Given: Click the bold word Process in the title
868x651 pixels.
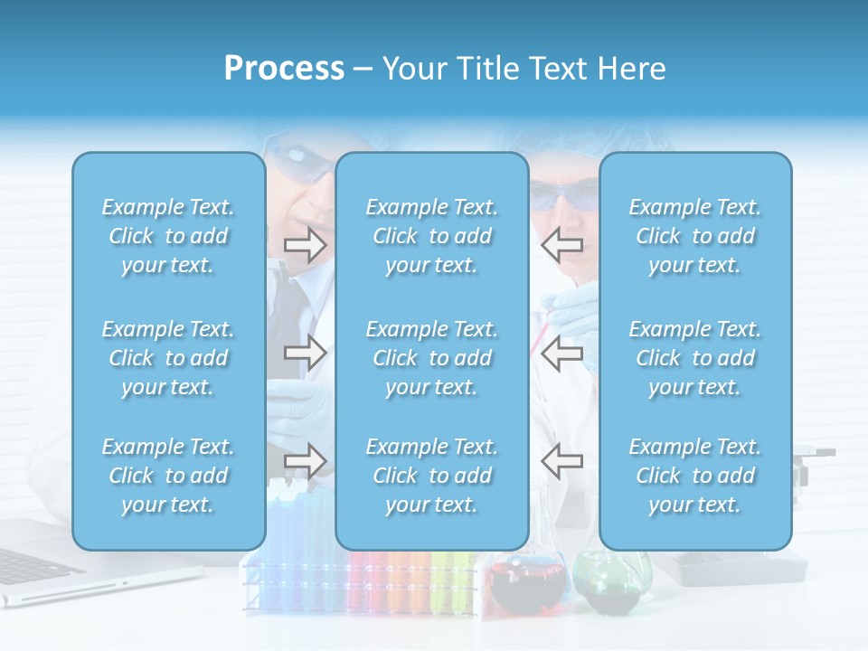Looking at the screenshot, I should (284, 69).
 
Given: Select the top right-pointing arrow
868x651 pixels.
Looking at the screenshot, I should (305, 244).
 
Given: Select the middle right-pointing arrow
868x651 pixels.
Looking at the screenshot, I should (305, 353).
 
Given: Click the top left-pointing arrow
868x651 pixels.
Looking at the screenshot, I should (562, 244).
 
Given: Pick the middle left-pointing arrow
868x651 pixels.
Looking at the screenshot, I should (562, 353).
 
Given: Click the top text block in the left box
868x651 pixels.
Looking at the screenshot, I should (168, 236).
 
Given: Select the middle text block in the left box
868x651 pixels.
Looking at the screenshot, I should (168, 358).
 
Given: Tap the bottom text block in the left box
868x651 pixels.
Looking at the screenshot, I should (168, 476).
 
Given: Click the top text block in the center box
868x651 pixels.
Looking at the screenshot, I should (431, 236).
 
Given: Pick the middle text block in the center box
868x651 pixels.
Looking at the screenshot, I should (431, 358).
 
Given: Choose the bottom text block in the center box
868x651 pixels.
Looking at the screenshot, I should (431, 476).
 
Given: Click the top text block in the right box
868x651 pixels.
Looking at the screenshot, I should (694, 236).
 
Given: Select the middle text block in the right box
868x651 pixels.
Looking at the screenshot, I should (694, 358).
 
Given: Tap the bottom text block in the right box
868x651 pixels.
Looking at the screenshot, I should (694, 476).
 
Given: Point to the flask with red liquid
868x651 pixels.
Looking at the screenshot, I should (524, 583).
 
